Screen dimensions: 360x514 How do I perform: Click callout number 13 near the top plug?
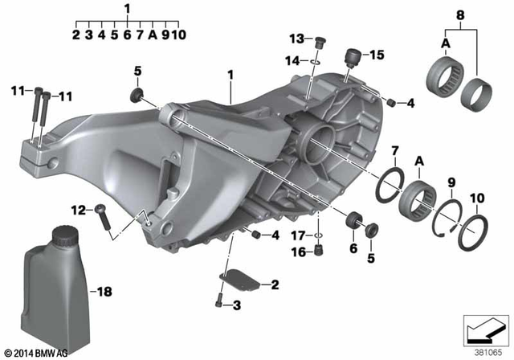(296, 38)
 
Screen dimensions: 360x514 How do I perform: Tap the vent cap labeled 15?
(351, 57)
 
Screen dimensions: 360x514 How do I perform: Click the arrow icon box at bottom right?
(485, 329)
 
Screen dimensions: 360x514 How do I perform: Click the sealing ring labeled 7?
(396, 174)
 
